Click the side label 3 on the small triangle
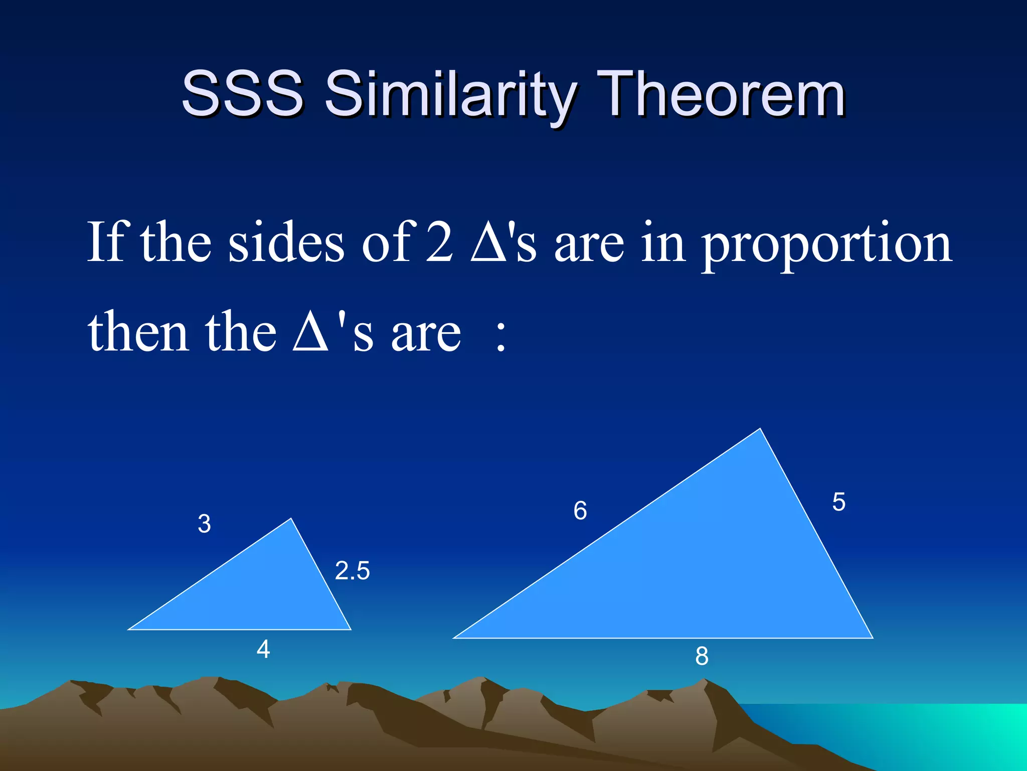click(x=204, y=524)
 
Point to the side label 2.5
click(x=352, y=571)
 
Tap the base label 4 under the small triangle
click(x=263, y=650)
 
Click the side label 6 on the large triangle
click(x=580, y=511)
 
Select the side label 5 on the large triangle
click(x=838, y=502)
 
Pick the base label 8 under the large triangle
click(x=702, y=656)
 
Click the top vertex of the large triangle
click(x=760, y=429)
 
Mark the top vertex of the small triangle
click(x=291, y=520)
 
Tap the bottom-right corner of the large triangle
click(x=872, y=637)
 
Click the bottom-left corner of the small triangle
click(x=130, y=628)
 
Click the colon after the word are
click(x=500, y=336)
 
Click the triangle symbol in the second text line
click(x=310, y=333)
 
